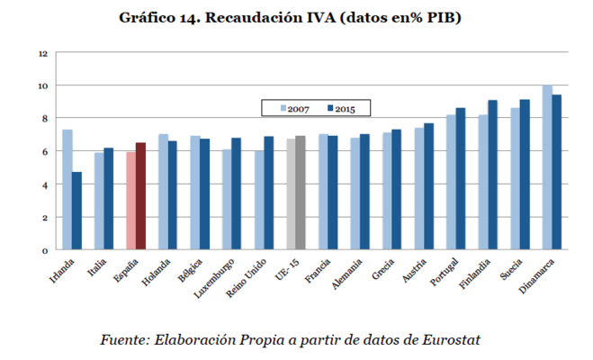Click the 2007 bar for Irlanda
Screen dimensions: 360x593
pyautogui.click(x=67, y=190)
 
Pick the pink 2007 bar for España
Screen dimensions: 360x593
pyautogui.click(x=130, y=201)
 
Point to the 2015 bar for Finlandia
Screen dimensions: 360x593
pyautogui.click(x=492, y=175)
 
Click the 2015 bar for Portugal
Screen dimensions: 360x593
pyautogui.click(x=461, y=179)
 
